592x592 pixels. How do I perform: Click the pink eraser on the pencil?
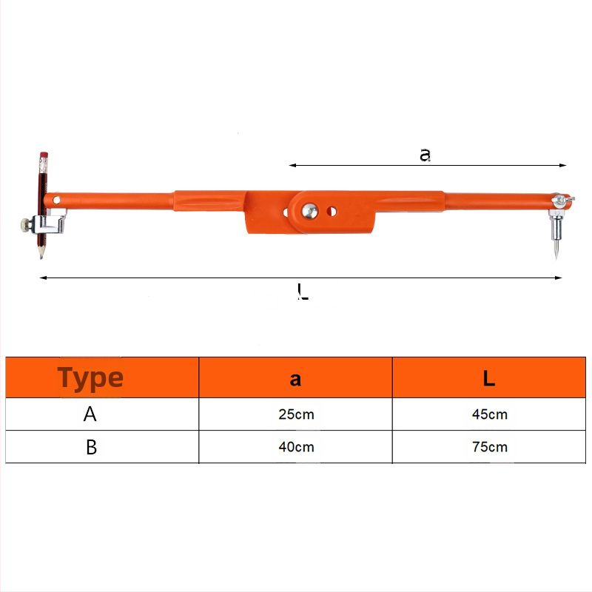[44, 155]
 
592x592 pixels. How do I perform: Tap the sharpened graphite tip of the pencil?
[41, 257]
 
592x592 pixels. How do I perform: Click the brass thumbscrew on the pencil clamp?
[26, 225]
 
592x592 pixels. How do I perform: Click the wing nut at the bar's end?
[563, 200]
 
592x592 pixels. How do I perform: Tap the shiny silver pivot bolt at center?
[309, 211]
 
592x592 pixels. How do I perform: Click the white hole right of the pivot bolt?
[332, 212]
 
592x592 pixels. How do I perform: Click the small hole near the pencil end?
[56, 200]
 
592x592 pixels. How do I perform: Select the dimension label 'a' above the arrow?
[425, 155]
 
